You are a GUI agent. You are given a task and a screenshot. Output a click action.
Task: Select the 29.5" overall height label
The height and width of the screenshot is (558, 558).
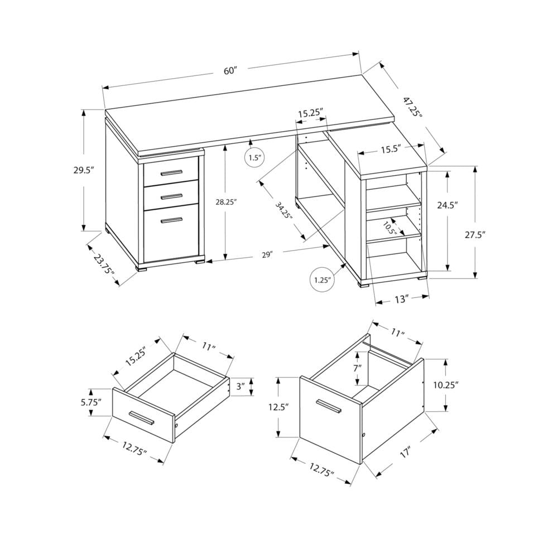click(x=83, y=170)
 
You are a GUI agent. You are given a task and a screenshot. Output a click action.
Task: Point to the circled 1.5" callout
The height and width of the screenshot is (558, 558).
click(x=254, y=158)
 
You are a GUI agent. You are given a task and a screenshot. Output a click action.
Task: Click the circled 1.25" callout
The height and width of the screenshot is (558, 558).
click(x=323, y=279)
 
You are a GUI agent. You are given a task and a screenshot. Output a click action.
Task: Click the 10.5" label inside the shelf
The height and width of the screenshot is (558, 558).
click(x=389, y=228)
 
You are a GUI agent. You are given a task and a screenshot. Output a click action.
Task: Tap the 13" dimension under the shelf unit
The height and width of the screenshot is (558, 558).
click(x=401, y=300)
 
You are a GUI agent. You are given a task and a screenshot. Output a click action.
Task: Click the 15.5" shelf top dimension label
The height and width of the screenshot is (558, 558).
click(x=390, y=150)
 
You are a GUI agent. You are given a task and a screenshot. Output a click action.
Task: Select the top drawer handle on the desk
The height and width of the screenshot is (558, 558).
click(x=171, y=172)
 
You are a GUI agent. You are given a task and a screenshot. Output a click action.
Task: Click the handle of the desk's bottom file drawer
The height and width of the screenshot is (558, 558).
click(x=171, y=220)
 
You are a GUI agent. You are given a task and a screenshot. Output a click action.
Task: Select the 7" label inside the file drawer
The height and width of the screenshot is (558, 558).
click(x=357, y=368)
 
